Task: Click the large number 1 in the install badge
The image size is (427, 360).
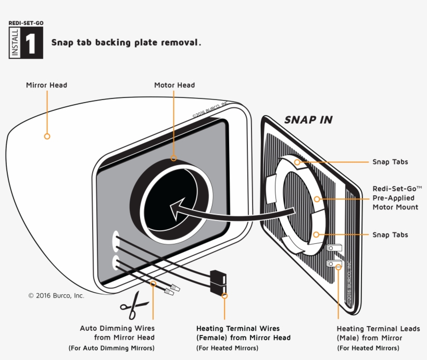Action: [x=31, y=43]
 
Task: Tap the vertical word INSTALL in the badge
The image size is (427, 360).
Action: [x=15, y=43]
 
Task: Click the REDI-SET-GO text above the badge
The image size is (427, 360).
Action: [x=26, y=23]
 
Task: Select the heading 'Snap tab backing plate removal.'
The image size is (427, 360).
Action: [x=126, y=43]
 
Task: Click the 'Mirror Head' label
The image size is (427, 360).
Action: [x=46, y=85]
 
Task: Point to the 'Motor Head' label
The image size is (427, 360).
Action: [x=174, y=85]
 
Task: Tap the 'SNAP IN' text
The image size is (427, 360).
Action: [x=308, y=120]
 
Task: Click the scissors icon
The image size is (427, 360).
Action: [x=134, y=306]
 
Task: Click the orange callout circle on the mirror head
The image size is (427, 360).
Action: [x=47, y=136]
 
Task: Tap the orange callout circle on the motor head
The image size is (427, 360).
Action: [x=173, y=158]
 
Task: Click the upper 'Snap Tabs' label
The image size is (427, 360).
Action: [x=390, y=162]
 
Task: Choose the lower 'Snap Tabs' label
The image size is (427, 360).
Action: [x=390, y=235]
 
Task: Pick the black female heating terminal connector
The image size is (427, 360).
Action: [x=218, y=282]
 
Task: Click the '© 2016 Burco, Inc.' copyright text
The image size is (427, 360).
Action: [x=56, y=296]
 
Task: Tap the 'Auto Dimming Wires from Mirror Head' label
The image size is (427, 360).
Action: [x=117, y=333]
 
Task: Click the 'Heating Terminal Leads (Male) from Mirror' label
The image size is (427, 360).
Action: [x=378, y=333]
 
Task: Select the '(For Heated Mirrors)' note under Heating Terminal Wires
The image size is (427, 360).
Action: [x=227, y=348]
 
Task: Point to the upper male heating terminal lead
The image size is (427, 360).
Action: [x=334, y=247]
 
